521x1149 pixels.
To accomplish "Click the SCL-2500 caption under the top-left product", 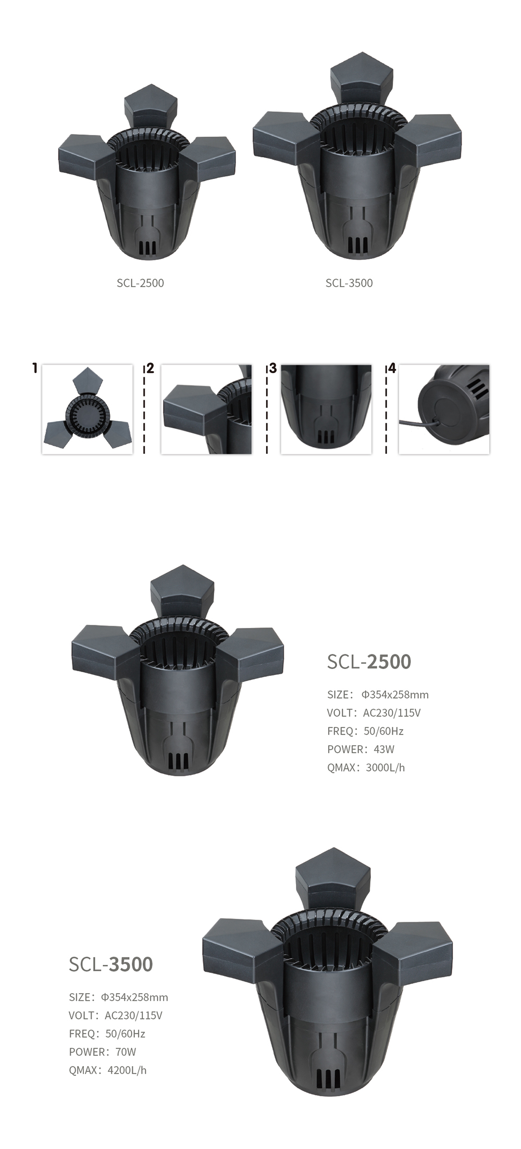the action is coord(140,283).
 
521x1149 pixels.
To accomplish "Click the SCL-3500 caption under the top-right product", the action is coord(349,283).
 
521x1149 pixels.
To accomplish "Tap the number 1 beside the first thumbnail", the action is coord(35,368).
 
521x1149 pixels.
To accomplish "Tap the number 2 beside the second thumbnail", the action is coord(151,368).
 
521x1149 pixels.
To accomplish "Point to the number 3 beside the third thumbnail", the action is coord(273,368).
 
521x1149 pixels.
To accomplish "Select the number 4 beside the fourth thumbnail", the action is coord(392,368).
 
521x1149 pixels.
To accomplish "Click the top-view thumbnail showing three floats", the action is coord(88,409).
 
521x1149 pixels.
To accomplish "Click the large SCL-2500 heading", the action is coord(369,661).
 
